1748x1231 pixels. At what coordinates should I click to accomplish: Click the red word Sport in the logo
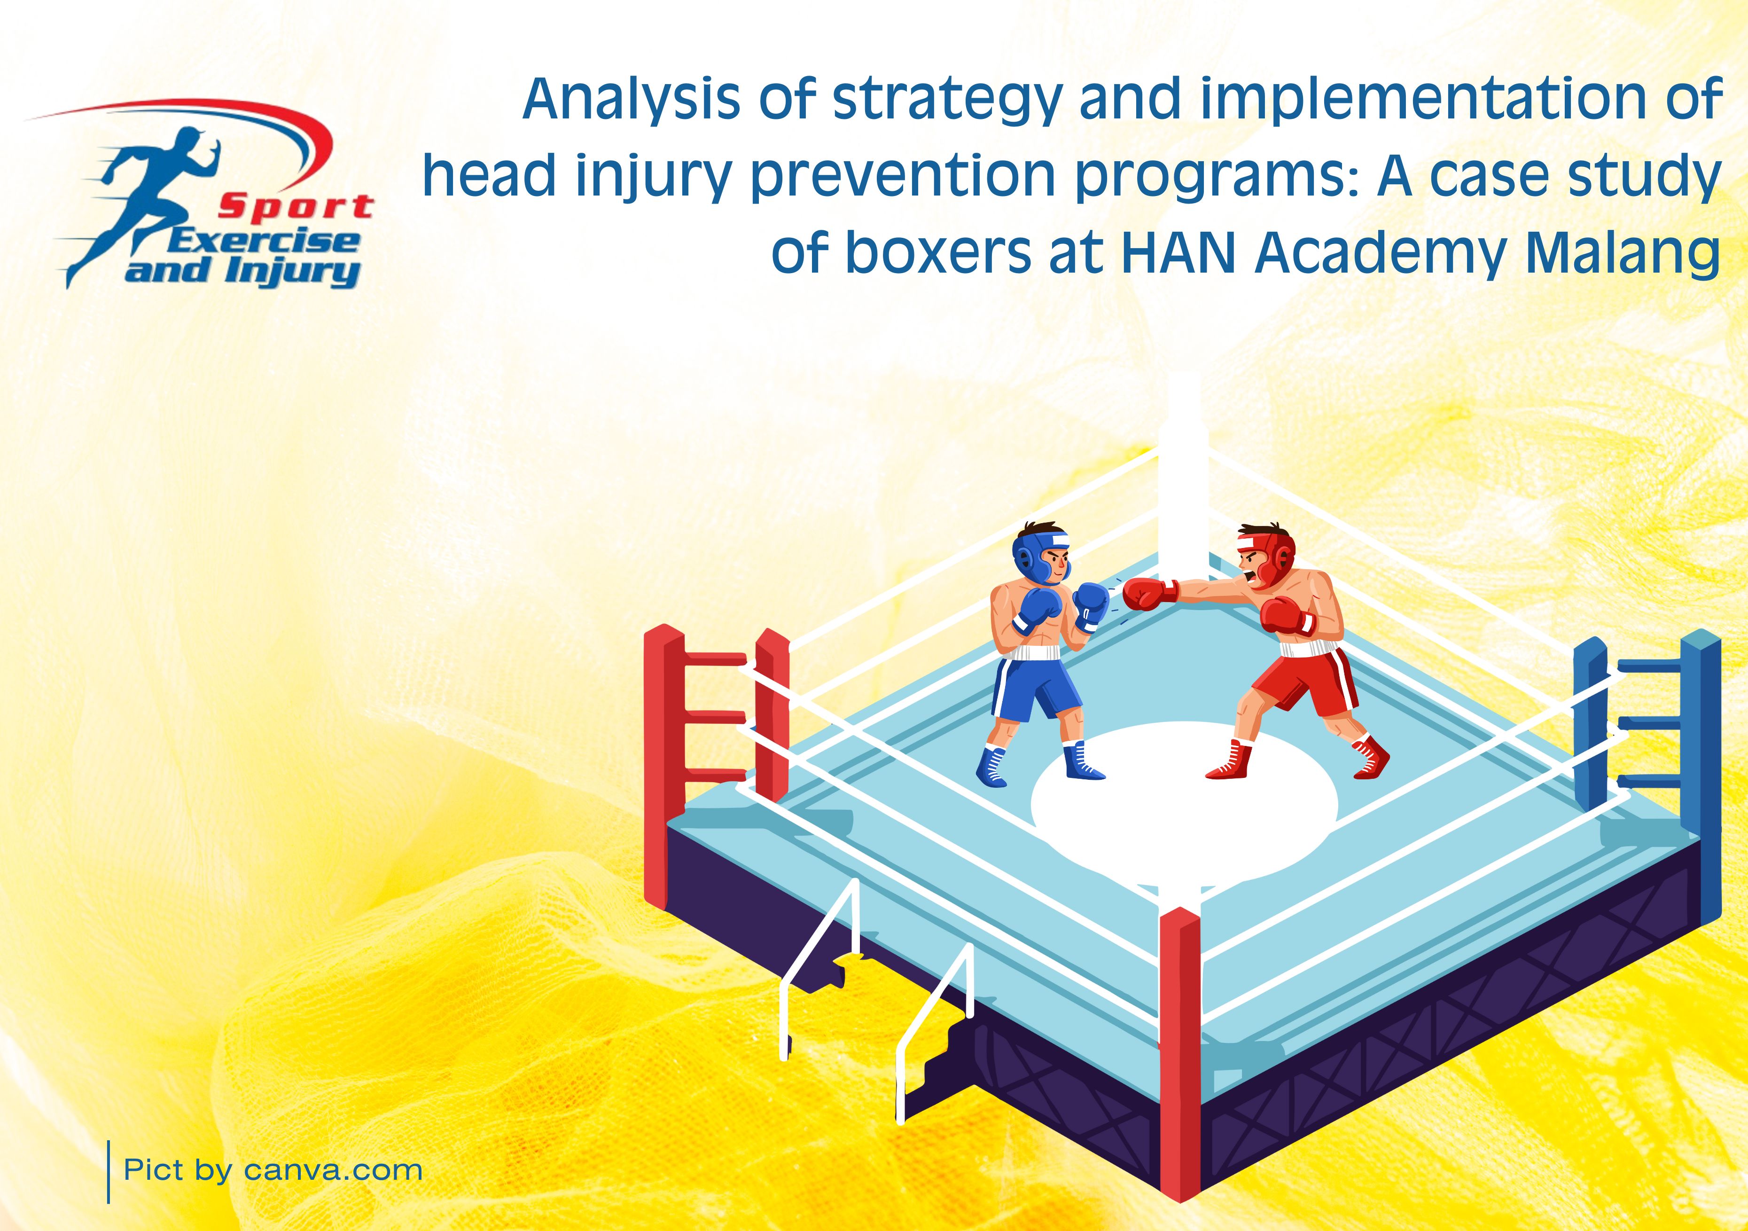(x=296, y=206)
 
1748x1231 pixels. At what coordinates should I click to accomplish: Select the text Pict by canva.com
(x=273, y=1169)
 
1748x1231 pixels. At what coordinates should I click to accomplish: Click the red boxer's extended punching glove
(x=1150, y=593)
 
